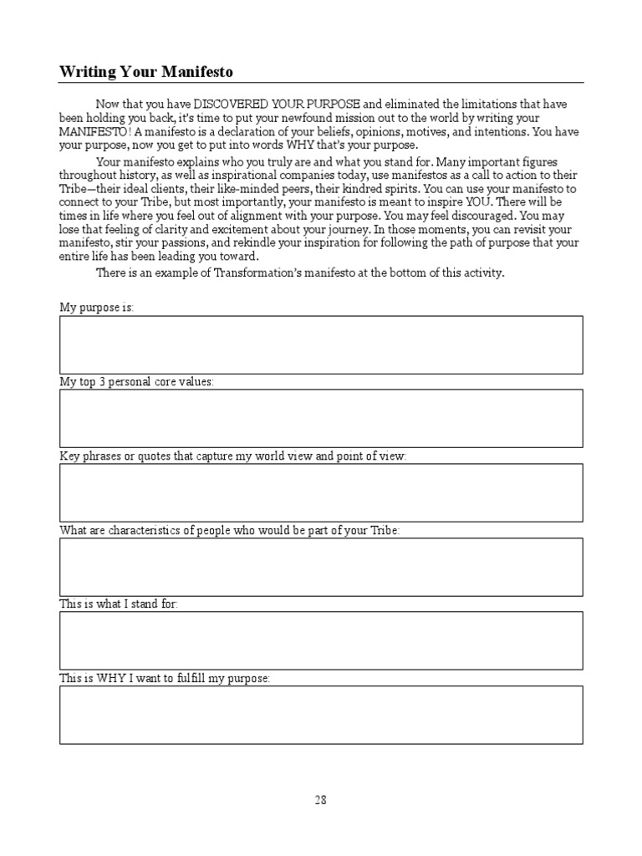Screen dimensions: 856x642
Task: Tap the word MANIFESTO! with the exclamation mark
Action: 95,132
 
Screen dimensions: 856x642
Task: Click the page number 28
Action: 321,799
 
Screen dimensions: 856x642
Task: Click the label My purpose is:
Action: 96,308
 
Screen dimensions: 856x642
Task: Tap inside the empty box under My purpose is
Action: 321,344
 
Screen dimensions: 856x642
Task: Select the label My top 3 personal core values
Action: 136,381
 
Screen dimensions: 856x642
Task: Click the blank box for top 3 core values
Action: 321,418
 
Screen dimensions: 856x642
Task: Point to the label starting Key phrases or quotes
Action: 233,456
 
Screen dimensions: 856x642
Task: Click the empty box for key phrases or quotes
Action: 321,492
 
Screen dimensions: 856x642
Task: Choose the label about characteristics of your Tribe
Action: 230,530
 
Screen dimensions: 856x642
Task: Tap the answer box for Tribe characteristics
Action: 321,566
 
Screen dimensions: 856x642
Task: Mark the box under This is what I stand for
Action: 321,640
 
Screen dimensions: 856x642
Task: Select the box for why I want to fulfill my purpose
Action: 321,715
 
